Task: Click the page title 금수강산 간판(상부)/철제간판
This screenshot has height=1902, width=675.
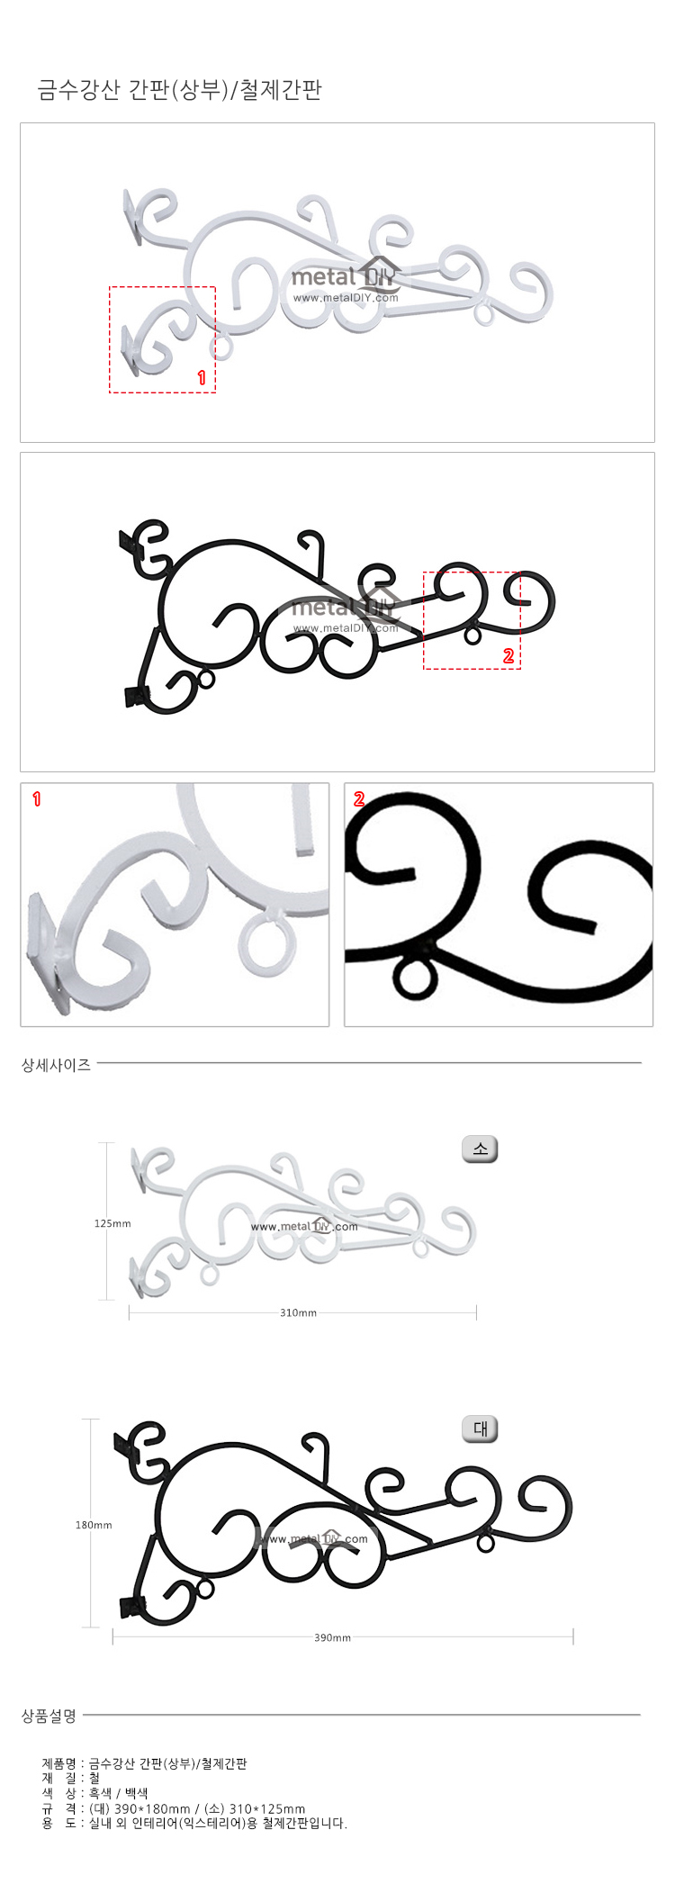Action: tap(180, 90)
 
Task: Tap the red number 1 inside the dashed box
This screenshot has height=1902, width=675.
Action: tap(202, 378)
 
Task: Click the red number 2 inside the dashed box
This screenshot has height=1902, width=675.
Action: tap(508, 655)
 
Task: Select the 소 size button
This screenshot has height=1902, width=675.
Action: tap(480, 1149)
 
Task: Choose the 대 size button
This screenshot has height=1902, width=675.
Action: tap(480, 1429)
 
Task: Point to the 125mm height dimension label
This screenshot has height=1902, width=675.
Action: tap(112, 1223)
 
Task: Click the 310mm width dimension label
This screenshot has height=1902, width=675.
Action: tap(298, 1312)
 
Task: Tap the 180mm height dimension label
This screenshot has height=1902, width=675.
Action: tap(94, 1525)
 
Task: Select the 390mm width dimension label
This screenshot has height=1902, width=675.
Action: tap(332, 1637)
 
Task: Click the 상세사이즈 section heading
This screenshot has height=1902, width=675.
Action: tap(56, 1065)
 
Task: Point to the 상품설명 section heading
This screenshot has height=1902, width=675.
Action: tap(49, 1716)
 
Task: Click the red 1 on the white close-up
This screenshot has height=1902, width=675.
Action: tap(37, 798)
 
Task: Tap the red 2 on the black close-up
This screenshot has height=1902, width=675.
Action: tap(359, 798)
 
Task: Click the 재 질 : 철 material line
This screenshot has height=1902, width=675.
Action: tap(70, 1778)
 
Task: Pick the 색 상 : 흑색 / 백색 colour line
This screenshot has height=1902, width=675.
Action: tap(94, 1793)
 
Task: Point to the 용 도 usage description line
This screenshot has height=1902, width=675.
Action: tap(194, 1823)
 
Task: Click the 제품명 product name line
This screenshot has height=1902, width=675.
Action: tap(144, 1763)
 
